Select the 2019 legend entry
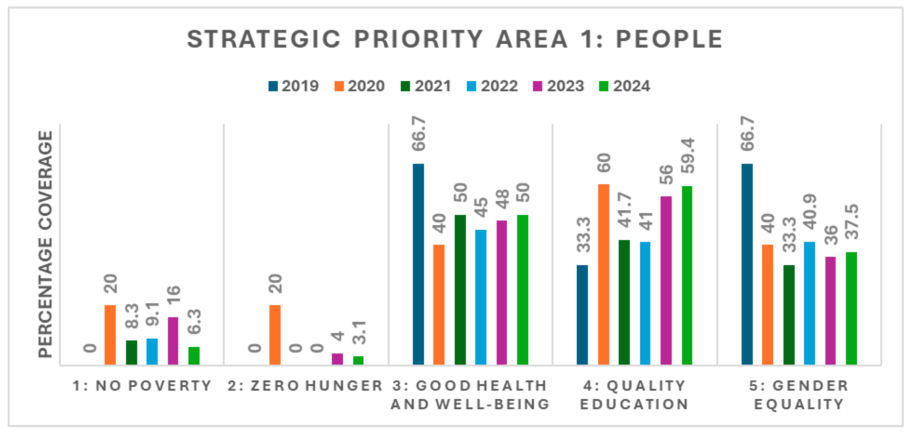pos(294,86)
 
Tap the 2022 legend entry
pos(492,86)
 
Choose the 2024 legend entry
pos(625,86)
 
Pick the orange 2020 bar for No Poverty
pos(110,334)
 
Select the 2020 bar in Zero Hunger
pos(275,334)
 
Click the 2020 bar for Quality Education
pos(604,274)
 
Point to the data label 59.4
pos(688,156)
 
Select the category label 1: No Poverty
pos(142,386)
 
